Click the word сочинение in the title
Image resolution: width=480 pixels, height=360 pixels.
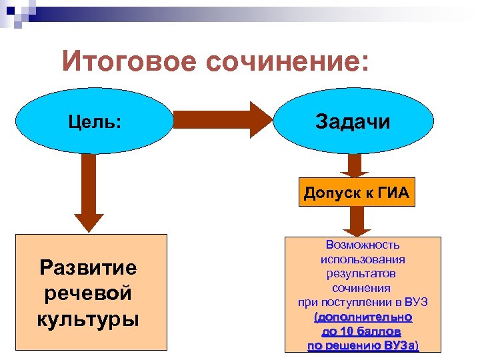(286, 63)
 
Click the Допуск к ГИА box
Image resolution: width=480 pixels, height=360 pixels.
(356, 193)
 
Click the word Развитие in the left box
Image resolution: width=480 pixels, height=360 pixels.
(88, 268)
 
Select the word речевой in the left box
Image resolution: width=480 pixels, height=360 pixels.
(88, 293)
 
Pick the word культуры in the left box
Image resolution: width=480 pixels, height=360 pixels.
(88, 319)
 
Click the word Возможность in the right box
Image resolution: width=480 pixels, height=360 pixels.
(363, 245)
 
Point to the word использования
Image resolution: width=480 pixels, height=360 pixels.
(363, 259)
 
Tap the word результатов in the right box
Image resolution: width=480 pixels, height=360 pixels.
(363, 273)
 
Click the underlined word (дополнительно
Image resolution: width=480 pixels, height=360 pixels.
(363, 317)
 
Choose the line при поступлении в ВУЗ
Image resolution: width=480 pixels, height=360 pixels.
(363, 302)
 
